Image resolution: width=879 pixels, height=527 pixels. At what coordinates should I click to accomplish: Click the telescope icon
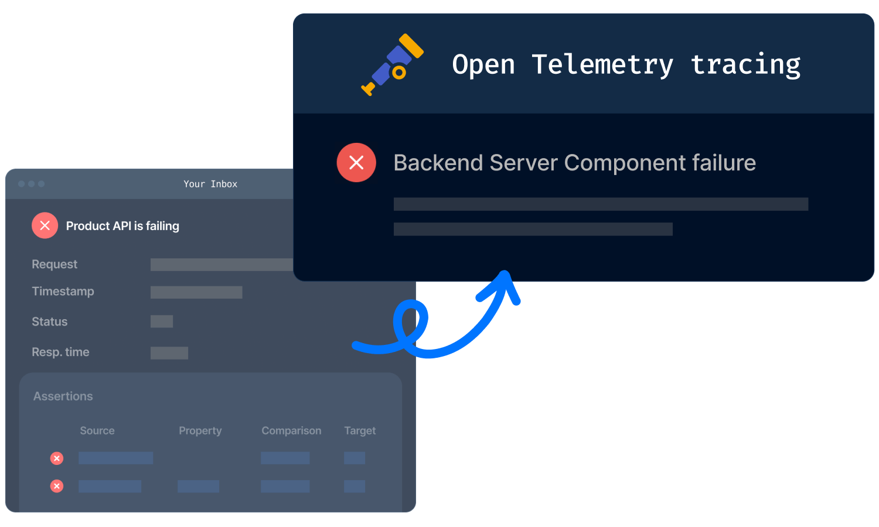tap(393, 64)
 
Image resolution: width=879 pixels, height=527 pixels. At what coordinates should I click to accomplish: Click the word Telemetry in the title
tap(602, 65)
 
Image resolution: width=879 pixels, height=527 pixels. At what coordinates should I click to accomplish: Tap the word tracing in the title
tap(745, 65)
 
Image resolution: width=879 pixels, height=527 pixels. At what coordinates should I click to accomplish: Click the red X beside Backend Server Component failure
tap(356, 162)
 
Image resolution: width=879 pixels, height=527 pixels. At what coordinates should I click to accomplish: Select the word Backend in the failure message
tap(438, 162)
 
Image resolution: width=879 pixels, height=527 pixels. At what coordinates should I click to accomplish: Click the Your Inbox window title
tap(210, 184)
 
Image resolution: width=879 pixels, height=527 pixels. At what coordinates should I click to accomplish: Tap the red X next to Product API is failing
tap(45, 225)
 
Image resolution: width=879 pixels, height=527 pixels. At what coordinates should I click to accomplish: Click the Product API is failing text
tap(122, 226)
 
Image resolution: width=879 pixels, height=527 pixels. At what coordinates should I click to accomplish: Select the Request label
tap(54, 264)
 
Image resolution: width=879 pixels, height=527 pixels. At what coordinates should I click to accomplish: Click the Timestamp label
tap(63, 292)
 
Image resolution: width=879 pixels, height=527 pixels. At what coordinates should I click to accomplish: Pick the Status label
tap(49, 321)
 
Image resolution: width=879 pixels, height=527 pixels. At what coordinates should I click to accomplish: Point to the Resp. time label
tap(60, 352)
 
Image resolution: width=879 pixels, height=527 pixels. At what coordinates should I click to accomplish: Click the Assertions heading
tap(63, 396)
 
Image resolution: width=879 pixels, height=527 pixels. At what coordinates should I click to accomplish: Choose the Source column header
tap(97, 430)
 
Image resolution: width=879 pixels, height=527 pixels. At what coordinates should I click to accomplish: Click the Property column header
tap(200, 431)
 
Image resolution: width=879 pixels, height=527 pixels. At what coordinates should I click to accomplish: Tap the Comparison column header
tap(291, 431)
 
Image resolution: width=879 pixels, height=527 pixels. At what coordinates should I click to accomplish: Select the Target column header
tap(360, 431)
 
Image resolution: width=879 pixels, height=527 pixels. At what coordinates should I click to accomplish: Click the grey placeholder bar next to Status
tap(162, 321)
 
